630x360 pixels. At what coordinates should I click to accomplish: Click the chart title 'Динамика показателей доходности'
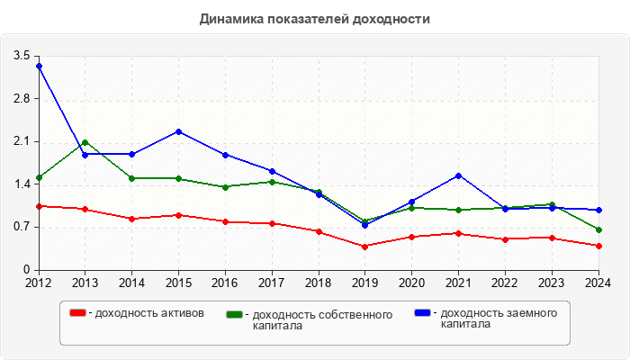pos(314,18)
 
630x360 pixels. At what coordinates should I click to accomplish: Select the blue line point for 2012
pos(39,67)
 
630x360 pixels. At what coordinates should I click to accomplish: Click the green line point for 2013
pos(85,142)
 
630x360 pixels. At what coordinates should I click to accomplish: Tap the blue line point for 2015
pos(178,131)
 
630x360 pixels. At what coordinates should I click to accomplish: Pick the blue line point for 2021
pos(458,175)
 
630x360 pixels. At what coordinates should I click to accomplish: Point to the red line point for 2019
pos(364,247)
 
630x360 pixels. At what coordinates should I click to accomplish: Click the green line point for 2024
pos(598,229)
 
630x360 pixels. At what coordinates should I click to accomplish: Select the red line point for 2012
pos(39,206)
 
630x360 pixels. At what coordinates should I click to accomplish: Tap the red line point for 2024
pos(598,246)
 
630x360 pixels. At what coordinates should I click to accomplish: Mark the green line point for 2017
pos(272,182)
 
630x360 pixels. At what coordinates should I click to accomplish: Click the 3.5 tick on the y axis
pos(22,56)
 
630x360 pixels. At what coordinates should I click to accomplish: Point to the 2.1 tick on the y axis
pos(22,141)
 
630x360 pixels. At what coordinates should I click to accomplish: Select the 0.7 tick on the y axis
pos(22,227)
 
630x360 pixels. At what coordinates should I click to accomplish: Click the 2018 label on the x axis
pos(318,283)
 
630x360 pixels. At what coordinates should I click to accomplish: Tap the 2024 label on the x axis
pos(598,283)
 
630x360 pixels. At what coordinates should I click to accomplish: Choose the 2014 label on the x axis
pos(131,283)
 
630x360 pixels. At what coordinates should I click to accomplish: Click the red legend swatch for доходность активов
pos(78,313)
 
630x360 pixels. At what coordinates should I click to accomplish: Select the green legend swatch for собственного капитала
pos(235,315)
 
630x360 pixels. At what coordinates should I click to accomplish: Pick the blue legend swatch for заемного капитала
pos(422,313)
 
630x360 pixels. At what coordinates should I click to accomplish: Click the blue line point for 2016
pos(225,155)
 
